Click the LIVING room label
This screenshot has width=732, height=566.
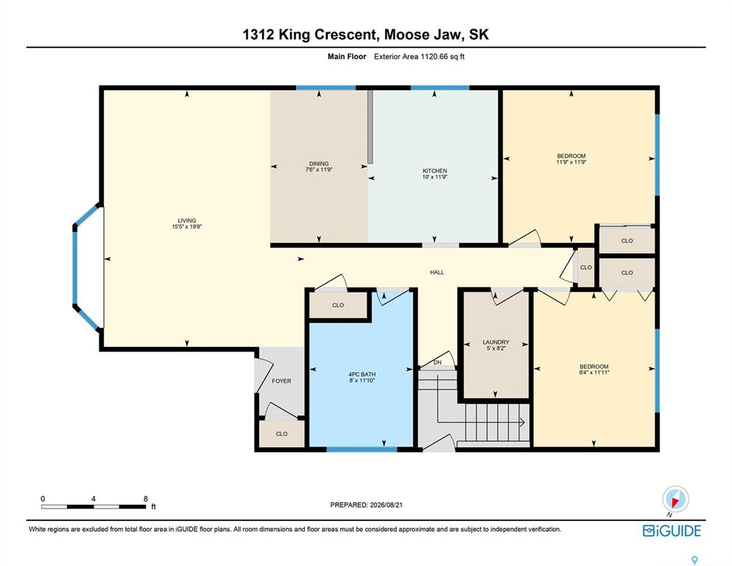pos(187,220)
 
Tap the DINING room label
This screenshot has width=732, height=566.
pos(319,164)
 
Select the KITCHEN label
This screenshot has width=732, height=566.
pos(434,171)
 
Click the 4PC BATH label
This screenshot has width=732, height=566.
pos(362,374)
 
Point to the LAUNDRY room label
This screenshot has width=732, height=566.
pos(496,342)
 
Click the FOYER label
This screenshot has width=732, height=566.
pos(281,381)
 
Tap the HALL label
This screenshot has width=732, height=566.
pos(437,272)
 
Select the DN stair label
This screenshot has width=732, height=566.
pos(437,363)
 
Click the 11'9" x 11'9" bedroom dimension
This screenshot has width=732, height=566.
pos(571,162)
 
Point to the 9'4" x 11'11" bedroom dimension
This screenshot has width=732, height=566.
pos(594,372)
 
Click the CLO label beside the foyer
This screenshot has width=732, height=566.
pos(281,434)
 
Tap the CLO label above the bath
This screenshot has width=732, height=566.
pos(338,305)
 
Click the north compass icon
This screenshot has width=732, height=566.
pos(675,499)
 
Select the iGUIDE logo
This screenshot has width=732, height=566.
pos(672,531)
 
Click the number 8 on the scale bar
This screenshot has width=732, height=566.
pos(146,499)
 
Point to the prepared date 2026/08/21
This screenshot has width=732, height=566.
pos(386,505)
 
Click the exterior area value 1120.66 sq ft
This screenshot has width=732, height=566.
pos(443,57)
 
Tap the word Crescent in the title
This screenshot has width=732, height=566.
pos(345,35)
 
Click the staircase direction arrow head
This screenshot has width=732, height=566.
pos(522,422)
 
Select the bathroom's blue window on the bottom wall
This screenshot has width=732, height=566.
pos(362,450)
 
